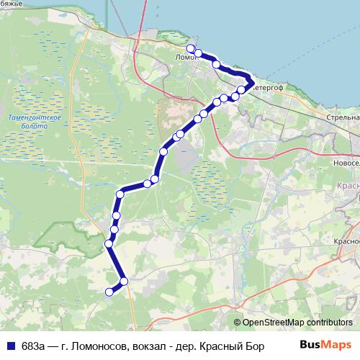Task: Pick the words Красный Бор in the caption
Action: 235,346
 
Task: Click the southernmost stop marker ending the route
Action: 109,292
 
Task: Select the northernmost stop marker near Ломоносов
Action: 190,48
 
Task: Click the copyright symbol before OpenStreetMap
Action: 237,323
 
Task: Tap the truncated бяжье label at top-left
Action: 10,4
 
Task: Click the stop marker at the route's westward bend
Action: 120,194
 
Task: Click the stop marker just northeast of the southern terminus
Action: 124,281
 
